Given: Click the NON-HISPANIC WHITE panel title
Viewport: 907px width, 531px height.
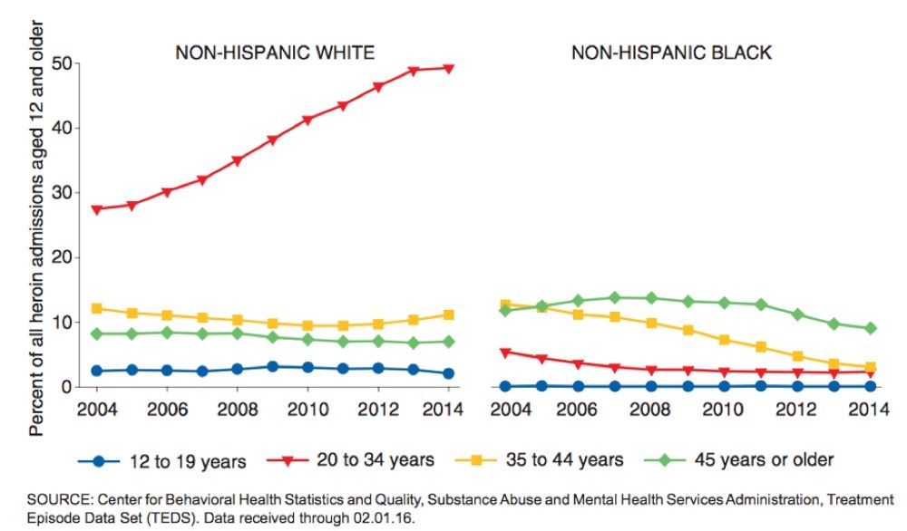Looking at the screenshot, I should [x=275, y=53].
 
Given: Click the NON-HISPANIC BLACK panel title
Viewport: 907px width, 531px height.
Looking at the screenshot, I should [x=671, y=53].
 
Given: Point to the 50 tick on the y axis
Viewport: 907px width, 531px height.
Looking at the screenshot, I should [x=61, y=64].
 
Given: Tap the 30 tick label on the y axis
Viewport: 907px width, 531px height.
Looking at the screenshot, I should [x=61, y=193].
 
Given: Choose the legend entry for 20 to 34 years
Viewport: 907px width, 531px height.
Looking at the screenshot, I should [x=355, y=460].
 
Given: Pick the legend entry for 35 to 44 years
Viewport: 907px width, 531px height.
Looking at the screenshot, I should [x=543, y=460].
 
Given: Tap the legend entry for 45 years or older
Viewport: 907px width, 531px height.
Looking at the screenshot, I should [x=738, y=460].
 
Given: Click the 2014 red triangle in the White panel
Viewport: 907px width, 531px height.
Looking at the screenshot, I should [x=448, y=68].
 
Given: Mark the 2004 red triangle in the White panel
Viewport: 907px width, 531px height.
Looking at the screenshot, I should [x=96, y=209].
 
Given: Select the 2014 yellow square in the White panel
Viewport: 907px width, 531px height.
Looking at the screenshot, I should [x=448, y=314].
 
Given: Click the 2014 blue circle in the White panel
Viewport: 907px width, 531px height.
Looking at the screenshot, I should [x=448, y=373].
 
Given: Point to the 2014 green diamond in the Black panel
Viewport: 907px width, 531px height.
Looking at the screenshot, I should [x=870, y=328].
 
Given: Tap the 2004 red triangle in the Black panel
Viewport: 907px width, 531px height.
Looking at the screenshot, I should [x=505, y=352].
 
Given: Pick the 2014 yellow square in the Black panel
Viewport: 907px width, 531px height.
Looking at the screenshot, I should [x=870, y=367].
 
